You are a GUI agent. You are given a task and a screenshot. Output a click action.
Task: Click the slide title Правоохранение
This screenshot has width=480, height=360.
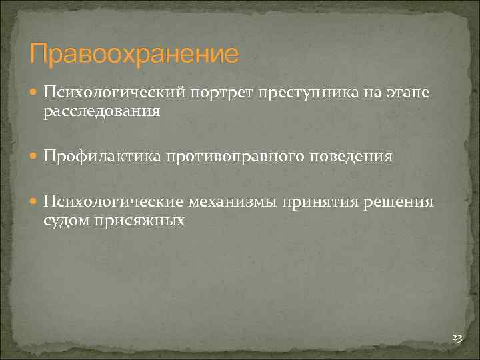(133, 54)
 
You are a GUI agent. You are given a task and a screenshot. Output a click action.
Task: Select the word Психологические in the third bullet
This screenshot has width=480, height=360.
(114, 201)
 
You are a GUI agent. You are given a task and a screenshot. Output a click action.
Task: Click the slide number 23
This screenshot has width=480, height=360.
(457, 339)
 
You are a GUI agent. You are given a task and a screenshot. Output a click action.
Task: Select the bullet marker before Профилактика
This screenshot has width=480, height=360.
(35, 157)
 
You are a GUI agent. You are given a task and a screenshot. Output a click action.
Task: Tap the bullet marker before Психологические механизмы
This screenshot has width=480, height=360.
(35, 202)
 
